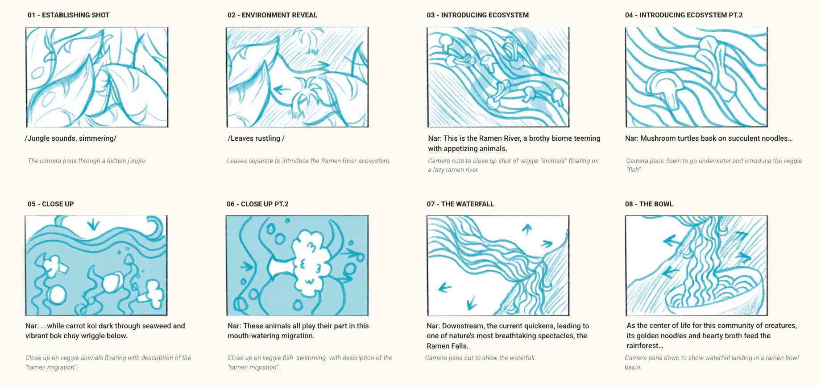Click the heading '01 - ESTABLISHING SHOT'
[x=68, y=15]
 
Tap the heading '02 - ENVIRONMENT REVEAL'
[x=272, y=15]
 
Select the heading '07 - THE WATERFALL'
[x=460, y=204]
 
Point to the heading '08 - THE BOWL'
[x=649, y=204]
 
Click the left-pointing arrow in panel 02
[x=281, y=89]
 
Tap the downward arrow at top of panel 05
[x=93, y=223]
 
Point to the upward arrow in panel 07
[x=527, y=229]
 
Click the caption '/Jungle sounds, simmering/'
[x=70, y=138]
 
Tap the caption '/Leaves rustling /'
[x=256, y=138]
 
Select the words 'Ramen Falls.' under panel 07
[x=448, y=346]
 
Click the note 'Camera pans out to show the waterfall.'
[x=480, y=358]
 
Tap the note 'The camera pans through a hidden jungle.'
[x=87, y=161]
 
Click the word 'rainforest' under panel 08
[x=643, y=346]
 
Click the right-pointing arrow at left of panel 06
[x=247, y=267]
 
